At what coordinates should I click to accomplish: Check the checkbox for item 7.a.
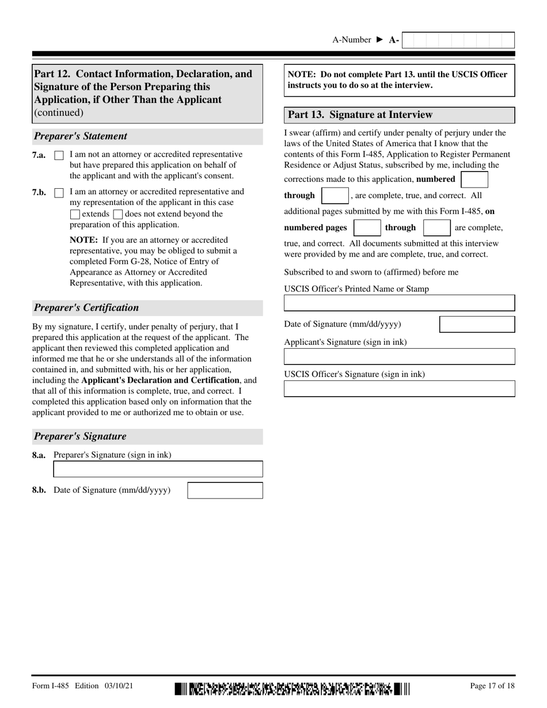tap(59, 155)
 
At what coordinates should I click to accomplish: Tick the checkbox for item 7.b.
tap(59, 193)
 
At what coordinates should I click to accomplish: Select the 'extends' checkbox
tap(75, 214)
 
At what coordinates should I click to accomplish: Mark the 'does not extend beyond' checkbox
tap(118, 214)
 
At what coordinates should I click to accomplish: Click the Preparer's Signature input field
tap(158, 469)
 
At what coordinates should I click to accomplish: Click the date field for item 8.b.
tap(225, 490)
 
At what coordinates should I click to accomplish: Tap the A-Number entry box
tap(458, 40)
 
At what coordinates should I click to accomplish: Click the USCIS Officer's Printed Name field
tap(399, 303)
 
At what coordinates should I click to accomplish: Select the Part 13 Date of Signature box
tap(477, 324)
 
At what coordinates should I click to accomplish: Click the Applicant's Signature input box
tap(399, 356)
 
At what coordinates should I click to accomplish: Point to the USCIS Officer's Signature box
tap(399, 389)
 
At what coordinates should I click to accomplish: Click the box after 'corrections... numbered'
tap(474, 180)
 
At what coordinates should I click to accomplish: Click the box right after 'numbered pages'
tap(367, 228)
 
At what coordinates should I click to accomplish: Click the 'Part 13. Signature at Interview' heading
tap(360, 115)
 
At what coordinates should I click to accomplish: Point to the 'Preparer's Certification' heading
tap(86, 307)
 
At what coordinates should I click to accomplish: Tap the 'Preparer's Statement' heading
tap(81, 136)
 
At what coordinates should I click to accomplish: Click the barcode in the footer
tap(293, 688)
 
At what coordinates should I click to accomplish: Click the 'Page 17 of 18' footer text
tap(492, 686)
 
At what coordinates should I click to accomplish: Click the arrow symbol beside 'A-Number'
tap(379, 40)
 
